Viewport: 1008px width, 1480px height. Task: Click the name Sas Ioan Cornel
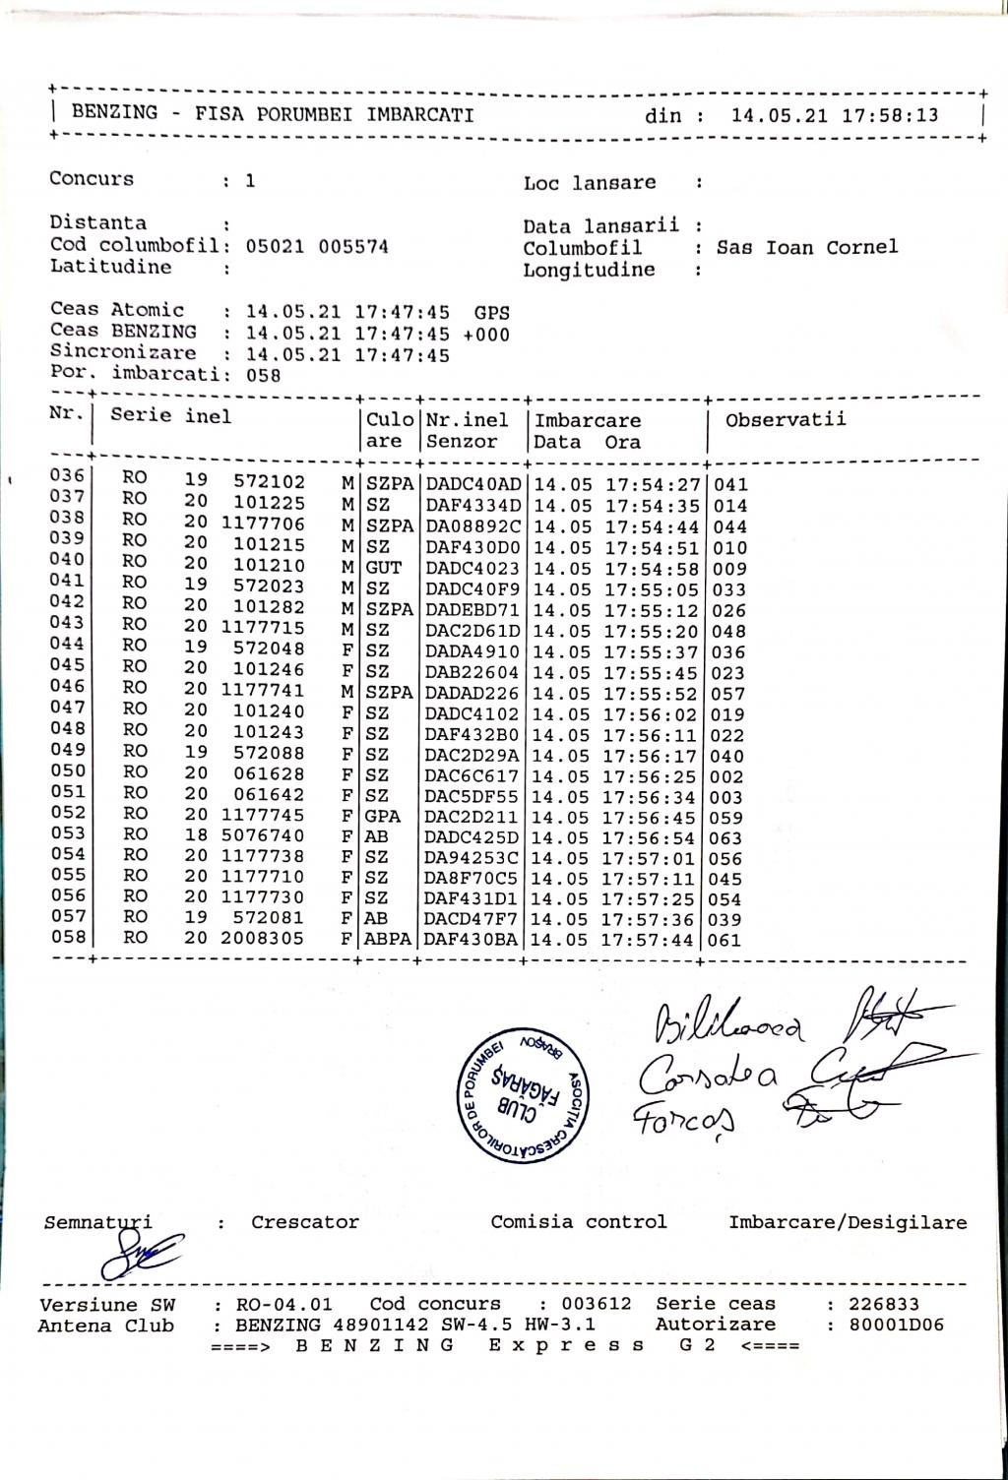pos(807,247)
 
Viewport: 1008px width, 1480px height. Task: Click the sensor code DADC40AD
pos(472,484)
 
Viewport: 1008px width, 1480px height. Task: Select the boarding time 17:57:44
pos(652,940)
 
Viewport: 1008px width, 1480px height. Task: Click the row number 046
pos(68,687)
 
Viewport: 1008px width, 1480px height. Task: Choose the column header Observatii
pos(786,420)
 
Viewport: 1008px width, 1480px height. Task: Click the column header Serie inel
pos(171,416)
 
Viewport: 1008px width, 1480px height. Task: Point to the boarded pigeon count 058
pos(263,375)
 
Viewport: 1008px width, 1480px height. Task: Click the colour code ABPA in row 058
pos(388,940)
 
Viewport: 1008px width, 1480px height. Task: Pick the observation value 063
pos(729,838)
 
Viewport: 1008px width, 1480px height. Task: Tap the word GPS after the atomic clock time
pos(492,313)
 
